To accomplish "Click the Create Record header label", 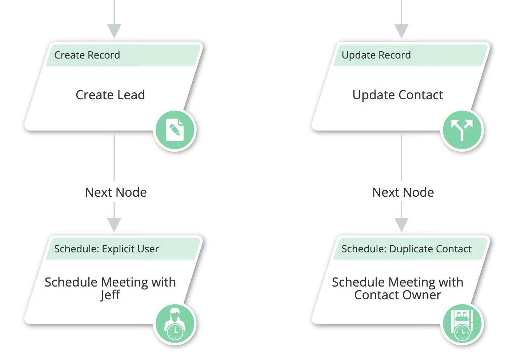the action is pos(87,55).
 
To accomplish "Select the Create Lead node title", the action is pos(110,95).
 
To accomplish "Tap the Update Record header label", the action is pos(376,55).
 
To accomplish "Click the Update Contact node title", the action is pos(398,95).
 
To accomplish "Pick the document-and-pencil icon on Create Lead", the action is pos(175,130).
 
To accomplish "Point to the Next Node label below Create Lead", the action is pos(116,192).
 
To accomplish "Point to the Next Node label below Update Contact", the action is pos(403,192).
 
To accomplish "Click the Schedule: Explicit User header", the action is pos(106,249).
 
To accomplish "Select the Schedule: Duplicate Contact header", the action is pos(406,249).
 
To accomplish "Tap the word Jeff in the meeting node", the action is pos(110,295).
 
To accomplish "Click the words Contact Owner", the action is pos(398,295).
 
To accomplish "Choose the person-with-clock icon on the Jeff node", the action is pos(175,324).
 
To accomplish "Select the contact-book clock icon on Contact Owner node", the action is pos(462,324).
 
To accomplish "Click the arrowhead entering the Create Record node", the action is pos(114,31).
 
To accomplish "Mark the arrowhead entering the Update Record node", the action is pos(401,31).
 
